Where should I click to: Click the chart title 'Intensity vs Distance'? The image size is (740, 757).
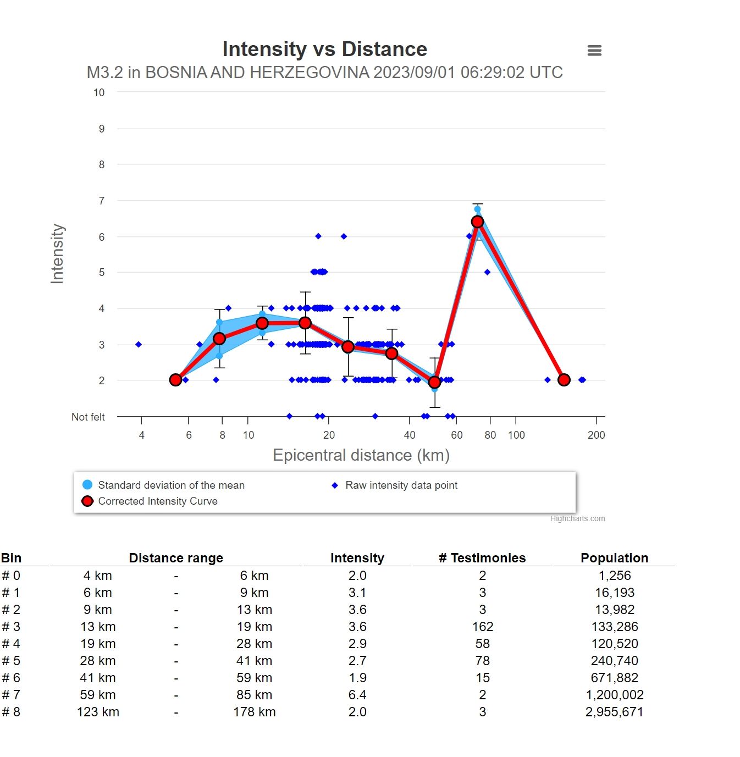(324, 49)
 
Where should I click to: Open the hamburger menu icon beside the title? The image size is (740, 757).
(594, 51)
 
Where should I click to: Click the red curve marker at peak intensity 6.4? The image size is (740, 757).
(477, 222)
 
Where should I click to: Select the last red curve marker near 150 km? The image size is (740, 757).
(564, 380)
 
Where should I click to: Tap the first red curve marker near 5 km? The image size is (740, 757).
(175, 380)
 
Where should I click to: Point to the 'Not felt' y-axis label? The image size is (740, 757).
(88, 417)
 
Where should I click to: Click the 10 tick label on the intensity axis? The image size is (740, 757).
(99, 93)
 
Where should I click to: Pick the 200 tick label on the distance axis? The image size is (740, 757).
(596, 435)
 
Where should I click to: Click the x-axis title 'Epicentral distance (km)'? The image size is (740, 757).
(361, 455)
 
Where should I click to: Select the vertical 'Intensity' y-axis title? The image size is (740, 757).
(57, 253)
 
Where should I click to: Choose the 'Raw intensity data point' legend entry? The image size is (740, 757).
(401, 485)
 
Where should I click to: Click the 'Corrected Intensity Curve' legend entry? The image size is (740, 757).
(157, 501)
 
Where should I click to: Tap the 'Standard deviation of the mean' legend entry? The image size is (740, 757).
(170, 485)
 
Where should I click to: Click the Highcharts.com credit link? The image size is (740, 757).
(577, 518)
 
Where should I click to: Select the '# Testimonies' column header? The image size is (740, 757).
(482, 558)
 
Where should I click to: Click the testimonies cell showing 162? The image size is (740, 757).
(482, 627)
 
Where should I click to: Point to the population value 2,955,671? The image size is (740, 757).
(614, 712)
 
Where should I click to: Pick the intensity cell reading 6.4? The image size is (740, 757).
(357, 695)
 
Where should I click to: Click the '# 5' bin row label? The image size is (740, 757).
(11, 661)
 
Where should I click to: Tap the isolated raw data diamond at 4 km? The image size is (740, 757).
(139, 345)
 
